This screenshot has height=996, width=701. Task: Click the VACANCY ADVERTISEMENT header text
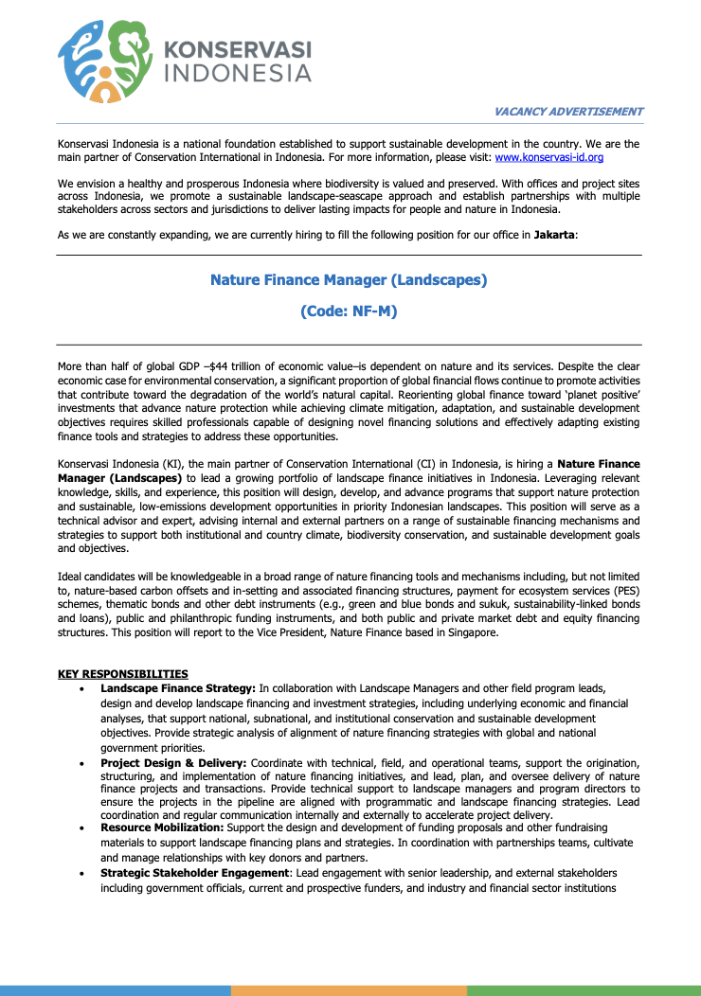pos(568,112)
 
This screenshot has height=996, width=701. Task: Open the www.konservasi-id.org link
pos(548,157)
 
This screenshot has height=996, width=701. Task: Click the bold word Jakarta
pos(553,235)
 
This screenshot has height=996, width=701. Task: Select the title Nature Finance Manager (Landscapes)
pos(349,280)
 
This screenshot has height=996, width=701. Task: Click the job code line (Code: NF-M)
pos(349,311)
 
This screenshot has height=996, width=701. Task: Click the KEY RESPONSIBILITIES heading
pos(123,674)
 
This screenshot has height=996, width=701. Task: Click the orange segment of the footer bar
pos(349,990)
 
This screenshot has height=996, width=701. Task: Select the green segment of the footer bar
pos(584,990)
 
